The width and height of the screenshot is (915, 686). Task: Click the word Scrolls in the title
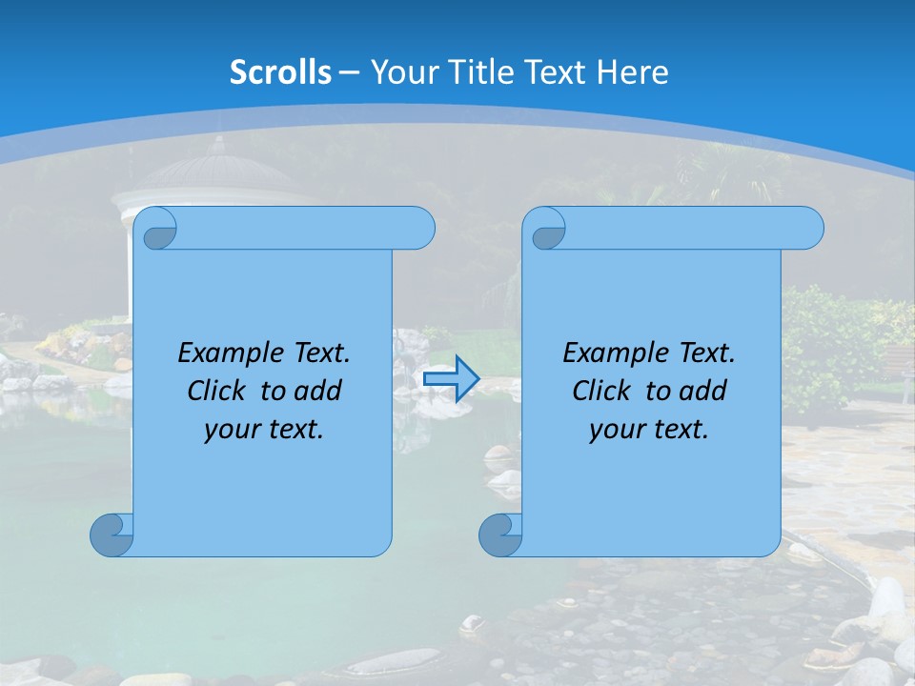tap(281, 72)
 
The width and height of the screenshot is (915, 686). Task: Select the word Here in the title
tap(632, 72)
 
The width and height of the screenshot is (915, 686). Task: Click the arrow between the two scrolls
tap(452, 379)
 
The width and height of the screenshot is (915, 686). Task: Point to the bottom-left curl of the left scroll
tap(112, 535)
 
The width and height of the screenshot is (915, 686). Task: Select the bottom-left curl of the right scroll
tap(500, 535)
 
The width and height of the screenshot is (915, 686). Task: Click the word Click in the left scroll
tap(215, 391)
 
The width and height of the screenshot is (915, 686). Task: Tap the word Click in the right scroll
tap(600, 391)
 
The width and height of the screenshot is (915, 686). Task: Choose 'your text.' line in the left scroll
tap(264, 430)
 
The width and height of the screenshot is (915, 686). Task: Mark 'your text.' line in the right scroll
tap(649, 430)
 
